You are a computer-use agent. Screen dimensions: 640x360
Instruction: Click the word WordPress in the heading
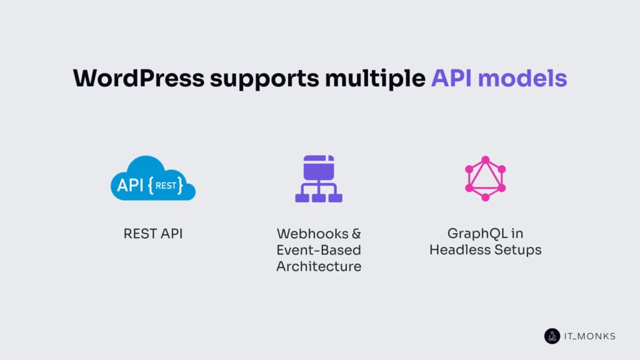click(139, 78)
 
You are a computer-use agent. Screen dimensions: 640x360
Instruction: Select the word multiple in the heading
click(375, 79)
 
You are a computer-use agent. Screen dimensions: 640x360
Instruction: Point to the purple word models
click(522, 78)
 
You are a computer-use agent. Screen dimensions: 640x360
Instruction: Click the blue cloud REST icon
click(153, 178)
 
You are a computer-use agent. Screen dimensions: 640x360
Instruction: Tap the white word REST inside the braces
click(166, 186)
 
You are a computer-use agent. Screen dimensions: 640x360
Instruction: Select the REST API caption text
click(153, 234)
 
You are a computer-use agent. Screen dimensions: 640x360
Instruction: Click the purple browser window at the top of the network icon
click(319, 167)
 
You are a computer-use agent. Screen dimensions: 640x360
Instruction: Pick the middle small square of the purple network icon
click(319, 198)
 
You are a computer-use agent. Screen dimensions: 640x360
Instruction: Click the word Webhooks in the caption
click(312, 234)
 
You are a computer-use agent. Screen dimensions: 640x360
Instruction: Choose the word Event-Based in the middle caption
click(319, 250)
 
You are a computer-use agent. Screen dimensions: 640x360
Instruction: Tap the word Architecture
click(319, 266)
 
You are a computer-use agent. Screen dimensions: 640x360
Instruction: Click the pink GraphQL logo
click(485, 178)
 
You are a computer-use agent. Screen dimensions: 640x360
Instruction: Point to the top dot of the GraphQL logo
click(485, 159)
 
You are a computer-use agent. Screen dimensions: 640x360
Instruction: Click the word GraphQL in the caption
click(477, 234)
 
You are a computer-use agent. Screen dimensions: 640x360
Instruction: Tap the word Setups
click(516, 250)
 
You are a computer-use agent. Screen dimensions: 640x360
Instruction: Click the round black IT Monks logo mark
click(552, 336)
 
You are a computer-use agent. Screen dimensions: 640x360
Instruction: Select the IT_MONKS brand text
click(590, 336)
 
